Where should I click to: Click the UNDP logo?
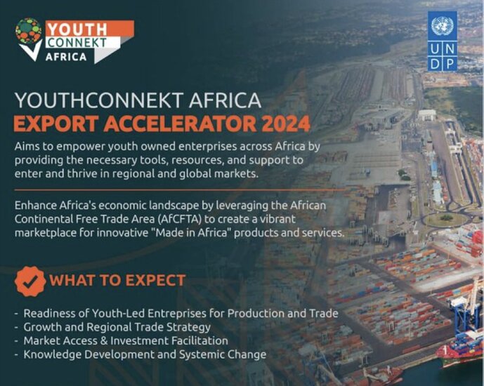point(443,41)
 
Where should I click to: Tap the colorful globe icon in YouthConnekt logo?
point(28,31)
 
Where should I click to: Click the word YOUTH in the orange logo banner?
point(77,30)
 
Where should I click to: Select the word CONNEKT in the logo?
point(77,43)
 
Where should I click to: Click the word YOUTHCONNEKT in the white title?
point(99,100)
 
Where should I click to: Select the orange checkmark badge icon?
point(30,281)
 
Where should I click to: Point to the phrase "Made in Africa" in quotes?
point(194,232)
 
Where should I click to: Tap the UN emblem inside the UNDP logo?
point(443,26)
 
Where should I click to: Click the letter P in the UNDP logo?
point(450,65)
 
